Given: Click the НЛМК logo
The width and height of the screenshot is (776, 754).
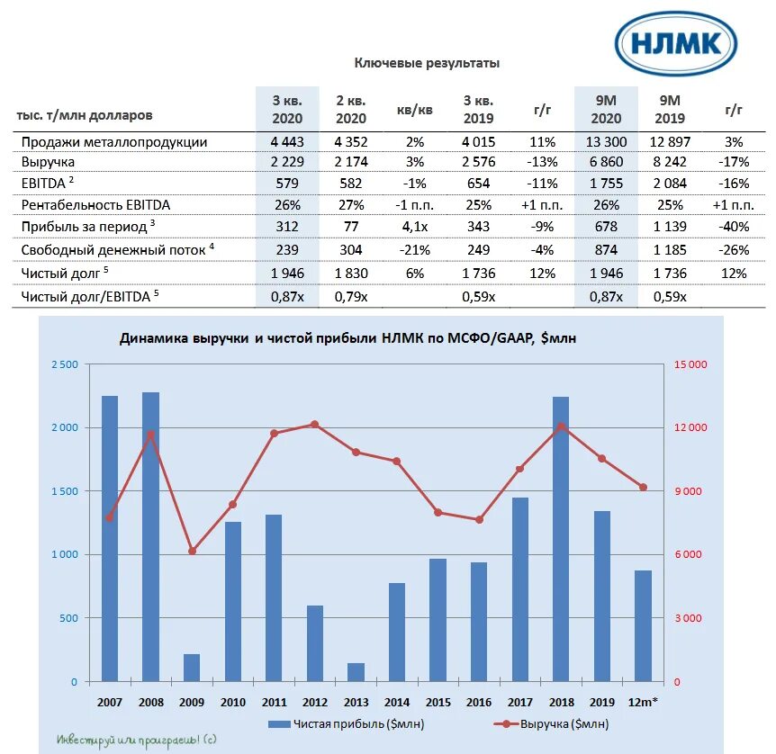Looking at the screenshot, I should pos(676,43).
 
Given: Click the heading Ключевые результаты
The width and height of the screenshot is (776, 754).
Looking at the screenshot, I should pos(426,63).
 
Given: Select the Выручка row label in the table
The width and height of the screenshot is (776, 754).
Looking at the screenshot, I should pos(49,162).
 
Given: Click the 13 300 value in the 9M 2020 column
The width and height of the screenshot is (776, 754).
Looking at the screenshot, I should pos(605,142).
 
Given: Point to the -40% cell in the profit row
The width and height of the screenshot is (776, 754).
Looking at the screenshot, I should pos(733,224).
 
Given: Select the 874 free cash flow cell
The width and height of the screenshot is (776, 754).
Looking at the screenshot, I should pos(605,249).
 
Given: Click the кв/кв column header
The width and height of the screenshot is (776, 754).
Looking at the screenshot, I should pos(414,111).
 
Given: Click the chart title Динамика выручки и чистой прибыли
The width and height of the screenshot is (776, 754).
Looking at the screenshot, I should pos(347,338).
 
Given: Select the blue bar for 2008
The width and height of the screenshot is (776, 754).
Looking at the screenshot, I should pos(150,536).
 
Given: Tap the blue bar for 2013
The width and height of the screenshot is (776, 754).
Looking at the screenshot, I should pos(356,672).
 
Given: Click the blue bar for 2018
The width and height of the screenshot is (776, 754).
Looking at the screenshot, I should pos(561,538).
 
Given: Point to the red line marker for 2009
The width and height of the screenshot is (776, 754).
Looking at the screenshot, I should pos(192,551).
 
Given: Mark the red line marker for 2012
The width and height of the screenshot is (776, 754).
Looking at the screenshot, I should pos(315,424).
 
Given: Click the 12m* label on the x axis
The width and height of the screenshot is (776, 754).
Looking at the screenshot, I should pos(643,701).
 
